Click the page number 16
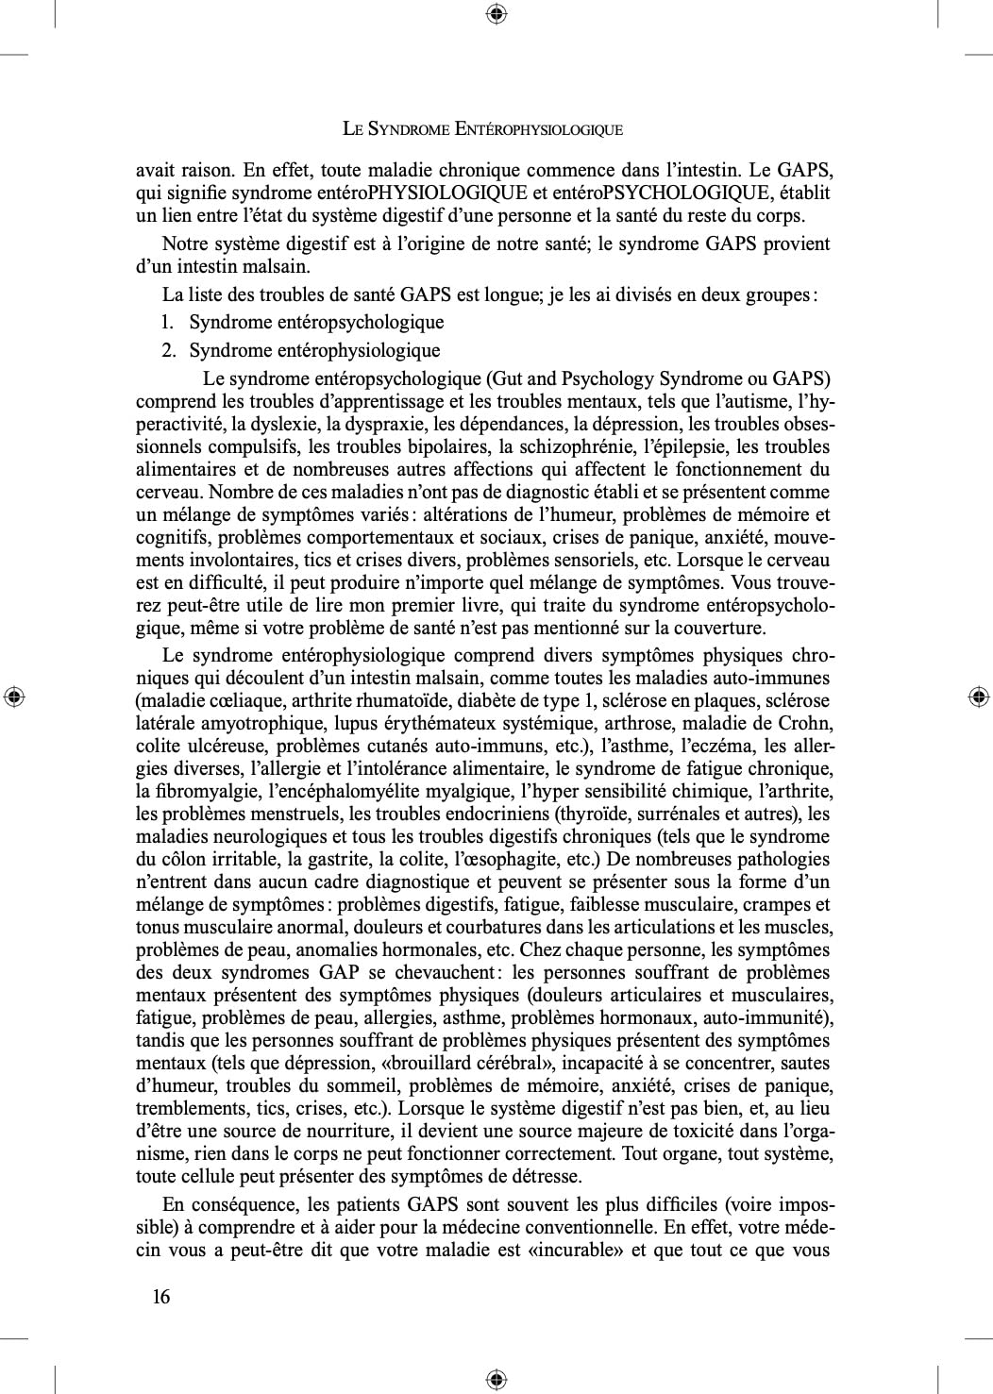click(161, 1297)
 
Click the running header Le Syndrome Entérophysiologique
click(482, 129)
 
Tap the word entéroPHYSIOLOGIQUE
click(446, 193)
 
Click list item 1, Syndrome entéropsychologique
click(315, 323)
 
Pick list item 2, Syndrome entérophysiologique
click(313, 351)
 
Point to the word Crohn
click(805, 724)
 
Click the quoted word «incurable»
click(574, 1251)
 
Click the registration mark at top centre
click(496, 13)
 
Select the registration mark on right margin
click(979, 697)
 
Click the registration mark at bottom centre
click(496, 1380)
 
